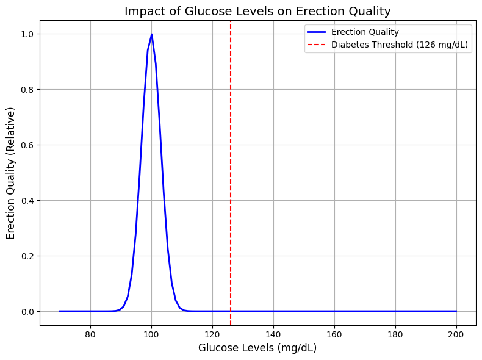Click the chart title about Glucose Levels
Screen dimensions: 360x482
(257, 11)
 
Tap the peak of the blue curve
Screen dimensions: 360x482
(151, 34)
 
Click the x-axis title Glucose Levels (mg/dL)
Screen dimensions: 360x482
(257, 348)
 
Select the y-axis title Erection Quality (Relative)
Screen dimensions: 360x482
(11, 173)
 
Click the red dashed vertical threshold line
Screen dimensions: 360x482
(231, 183)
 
